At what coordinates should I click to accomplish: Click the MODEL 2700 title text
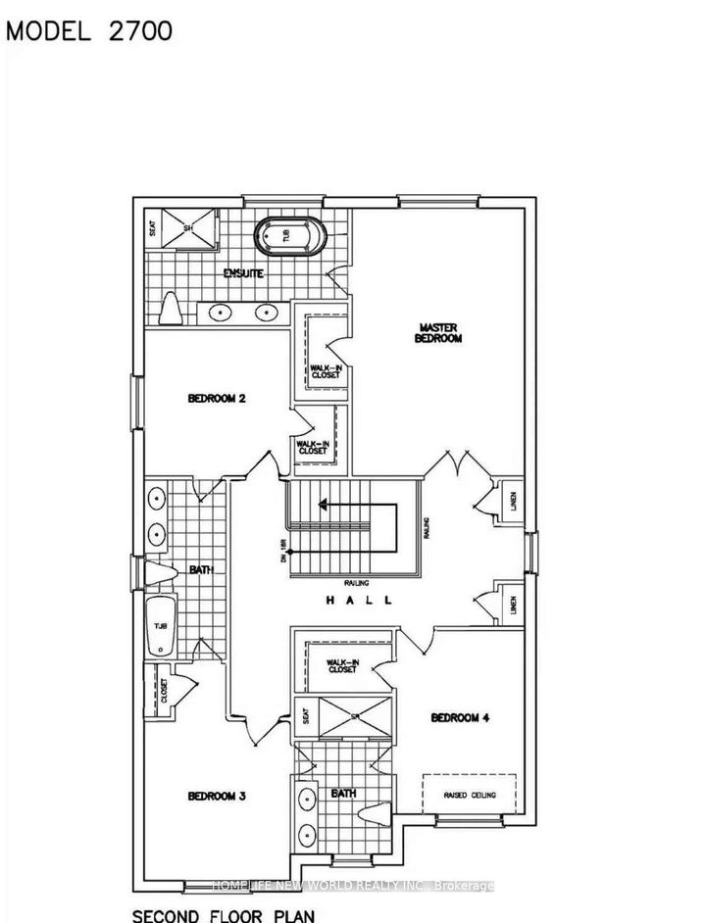tap(90, 30)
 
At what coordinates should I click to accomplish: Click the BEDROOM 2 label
tap(216, 399)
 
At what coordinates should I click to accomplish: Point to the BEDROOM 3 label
tap(216, 796)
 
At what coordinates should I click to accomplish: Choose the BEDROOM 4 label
tap(460, 717)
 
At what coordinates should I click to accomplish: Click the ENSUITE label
tap(243, 273)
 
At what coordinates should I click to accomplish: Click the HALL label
tap(359, 601)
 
